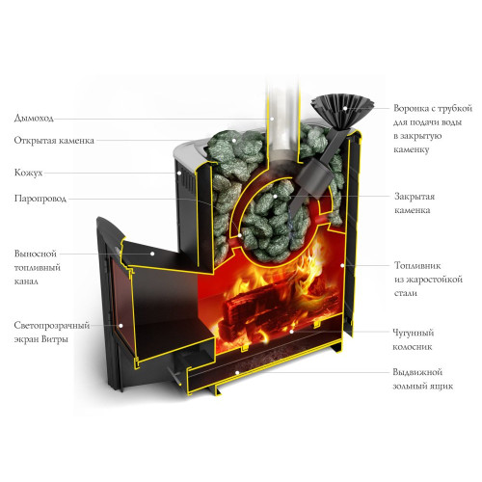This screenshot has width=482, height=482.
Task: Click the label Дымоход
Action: [34, 118]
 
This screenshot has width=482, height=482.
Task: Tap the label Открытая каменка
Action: [54, 141]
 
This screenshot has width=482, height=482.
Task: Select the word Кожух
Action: [28, 173]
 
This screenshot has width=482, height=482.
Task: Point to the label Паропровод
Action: [40, 199]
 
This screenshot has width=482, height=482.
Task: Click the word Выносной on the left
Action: [36, 254]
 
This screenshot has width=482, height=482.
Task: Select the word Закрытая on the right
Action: [415, 197]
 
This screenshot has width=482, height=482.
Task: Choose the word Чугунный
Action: [414, 333]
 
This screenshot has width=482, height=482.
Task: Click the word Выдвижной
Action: [417, 372]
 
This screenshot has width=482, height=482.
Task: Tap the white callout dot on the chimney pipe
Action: [272, 119]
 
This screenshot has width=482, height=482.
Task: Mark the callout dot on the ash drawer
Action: [237, 373]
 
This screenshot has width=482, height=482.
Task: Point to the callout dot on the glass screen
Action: [120, 326]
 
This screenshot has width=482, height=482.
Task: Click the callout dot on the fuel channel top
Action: [152, 254]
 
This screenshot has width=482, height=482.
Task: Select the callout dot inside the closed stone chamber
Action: [275, 196]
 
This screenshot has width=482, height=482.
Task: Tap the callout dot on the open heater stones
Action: [234, 141]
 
